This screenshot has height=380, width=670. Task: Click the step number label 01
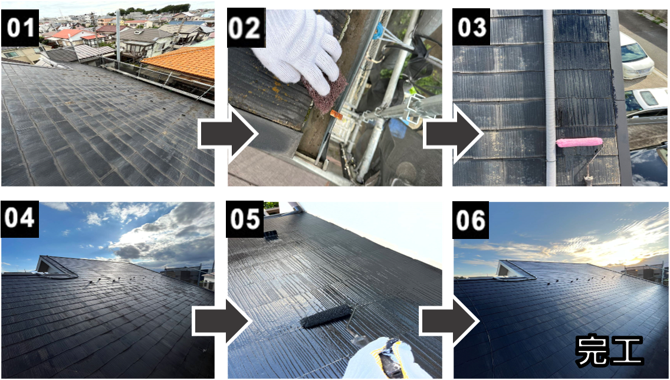click(20, 28)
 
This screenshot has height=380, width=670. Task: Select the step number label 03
click(471, 28)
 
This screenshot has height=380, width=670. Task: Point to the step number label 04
click(20, 219)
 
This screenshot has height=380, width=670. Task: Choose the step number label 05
click(246, 219)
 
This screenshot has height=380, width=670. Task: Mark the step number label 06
click(471, 220)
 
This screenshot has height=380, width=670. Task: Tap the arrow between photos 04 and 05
click(222, 322)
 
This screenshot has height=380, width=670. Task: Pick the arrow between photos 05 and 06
click(449, 322)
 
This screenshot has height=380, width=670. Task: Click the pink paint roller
click(579, 142)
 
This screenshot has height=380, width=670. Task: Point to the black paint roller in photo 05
click(326, 316)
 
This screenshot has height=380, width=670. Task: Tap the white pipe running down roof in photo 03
click(549, 98)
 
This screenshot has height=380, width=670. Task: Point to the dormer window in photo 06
click(507, 270)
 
